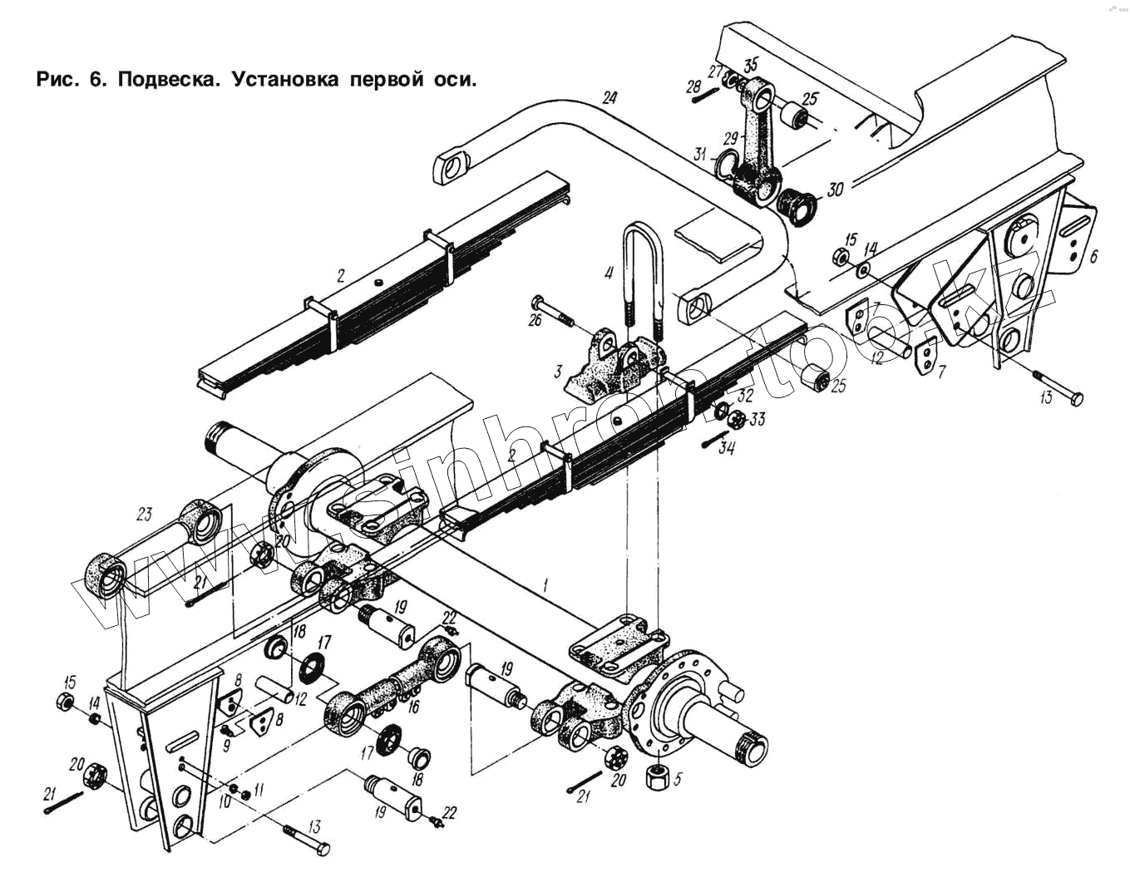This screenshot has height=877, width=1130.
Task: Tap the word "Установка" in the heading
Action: [284, 80]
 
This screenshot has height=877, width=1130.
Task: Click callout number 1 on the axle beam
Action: [545, 584]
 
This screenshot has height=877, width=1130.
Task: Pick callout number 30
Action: [835, 190]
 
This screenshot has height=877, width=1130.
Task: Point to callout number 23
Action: [145, 514]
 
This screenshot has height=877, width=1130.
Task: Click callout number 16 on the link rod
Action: [413, 707]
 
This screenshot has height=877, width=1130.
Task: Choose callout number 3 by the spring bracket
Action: [559, 371]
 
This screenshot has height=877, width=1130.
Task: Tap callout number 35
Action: [751, 65]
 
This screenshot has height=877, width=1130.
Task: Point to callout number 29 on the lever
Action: [731, 137]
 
